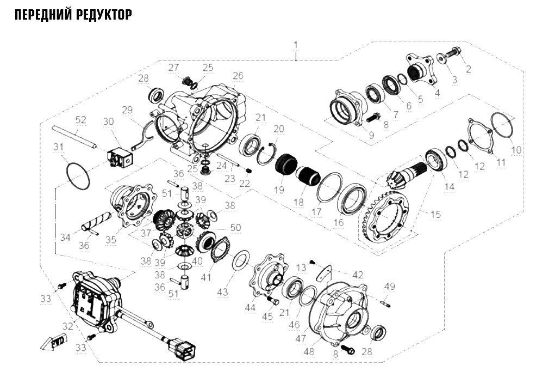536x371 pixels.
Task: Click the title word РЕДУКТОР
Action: tap(102, 15)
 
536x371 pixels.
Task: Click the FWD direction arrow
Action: tap(54, 342)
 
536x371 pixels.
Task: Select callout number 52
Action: tap(81, 120)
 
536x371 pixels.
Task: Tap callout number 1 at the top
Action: tap(296, 45)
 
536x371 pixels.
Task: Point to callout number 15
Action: tap(435, 215)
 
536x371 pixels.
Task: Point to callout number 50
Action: tap(235, 227)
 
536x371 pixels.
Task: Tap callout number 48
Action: tap(309, 351)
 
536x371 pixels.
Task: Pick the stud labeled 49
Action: tap(384, 302)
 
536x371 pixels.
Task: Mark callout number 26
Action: tap(238, 75)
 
